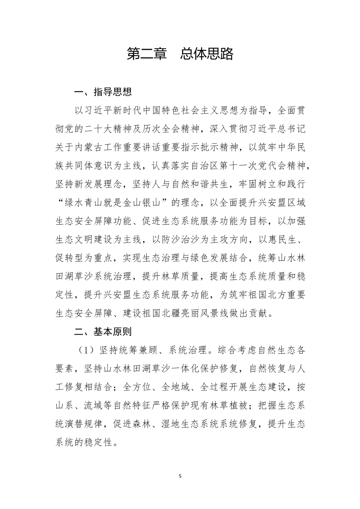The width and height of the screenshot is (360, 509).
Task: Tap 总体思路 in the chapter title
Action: coord(207,54)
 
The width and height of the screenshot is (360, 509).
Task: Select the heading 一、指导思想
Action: coord(103,93)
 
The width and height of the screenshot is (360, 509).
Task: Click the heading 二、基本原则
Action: coord(103,332)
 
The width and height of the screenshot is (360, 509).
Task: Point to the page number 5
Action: coord(180,475)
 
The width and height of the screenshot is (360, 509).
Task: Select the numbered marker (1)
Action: coord(83,350)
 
